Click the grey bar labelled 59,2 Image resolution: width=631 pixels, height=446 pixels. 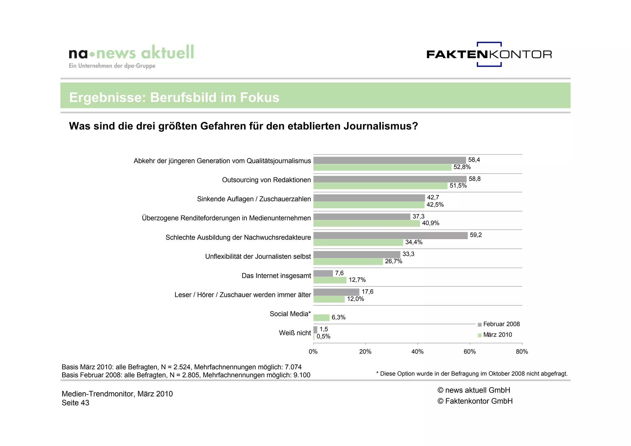pyautogui.click(x=390, y=235)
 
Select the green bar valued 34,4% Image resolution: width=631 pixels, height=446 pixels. pyautogui.click(x=358, y=243)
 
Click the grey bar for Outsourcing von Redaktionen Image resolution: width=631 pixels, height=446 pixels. pyautogui.click(x=390, y=179)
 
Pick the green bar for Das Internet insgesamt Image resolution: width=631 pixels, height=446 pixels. pyautogui.click(x=330, y=280)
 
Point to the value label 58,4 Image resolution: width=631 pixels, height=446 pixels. pyautogui.click(x=474, y=160)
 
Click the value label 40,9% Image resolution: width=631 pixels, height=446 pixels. pyautogui.click(x=430, y=223)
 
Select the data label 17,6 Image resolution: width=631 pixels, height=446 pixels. pyautogui.click(x=367, y=292)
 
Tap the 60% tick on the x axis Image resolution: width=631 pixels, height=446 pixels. pyautogui.click(x=470, y=352)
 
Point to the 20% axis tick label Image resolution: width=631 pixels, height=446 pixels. pyautogui.click(x=365, y=352)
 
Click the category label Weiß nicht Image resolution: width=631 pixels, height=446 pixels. pyautogui.click(x=295, y=333)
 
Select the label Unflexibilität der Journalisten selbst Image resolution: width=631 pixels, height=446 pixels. pyautogui.click(x=258, y=256)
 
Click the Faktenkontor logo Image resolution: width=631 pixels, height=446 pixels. pyautogui.click(x=489, y=55)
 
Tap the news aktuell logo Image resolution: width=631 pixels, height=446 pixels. pyautogui.click(x=131, y=55)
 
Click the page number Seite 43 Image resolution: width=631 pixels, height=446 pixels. pyautogui.click(x=75, y=403)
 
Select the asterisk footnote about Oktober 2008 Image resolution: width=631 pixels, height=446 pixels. pyautogui.click(x=472, y=374)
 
